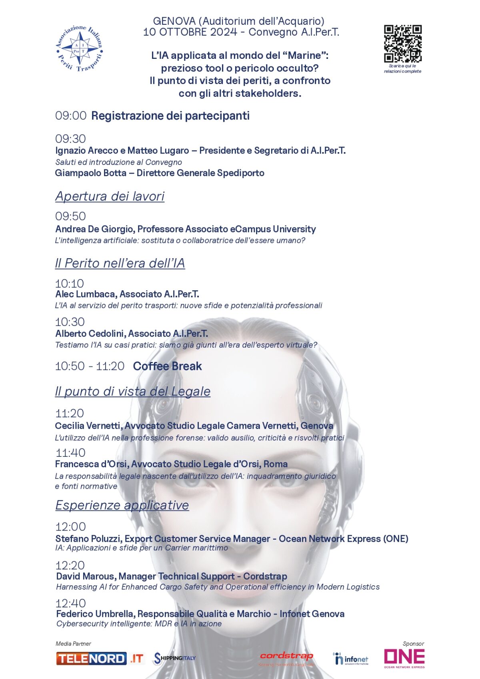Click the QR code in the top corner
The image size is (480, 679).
click(x=402, y=44)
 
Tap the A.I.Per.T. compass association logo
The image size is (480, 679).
click(x=80, y=49)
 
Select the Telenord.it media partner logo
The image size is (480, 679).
click(x=100, y=659)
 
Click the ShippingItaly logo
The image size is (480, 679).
click(x=175, y=658)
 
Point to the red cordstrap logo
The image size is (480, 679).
click(x=286, y=657)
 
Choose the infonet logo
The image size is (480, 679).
click(x=350, y=659)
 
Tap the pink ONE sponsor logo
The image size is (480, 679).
click(x=404, y=658)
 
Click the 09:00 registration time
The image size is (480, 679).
click(x=71, y=116)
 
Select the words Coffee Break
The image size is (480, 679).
click(x=167, y=366)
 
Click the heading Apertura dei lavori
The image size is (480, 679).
click(x=110, y=196)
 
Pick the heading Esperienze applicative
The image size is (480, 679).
click(x=122, y=505)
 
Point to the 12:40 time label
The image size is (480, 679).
click(x=71, y=603)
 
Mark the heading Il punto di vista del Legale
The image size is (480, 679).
click(x=132, y=391)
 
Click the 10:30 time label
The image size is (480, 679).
click(x=70, y=322)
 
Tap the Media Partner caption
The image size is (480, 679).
click(x=73, y=644)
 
